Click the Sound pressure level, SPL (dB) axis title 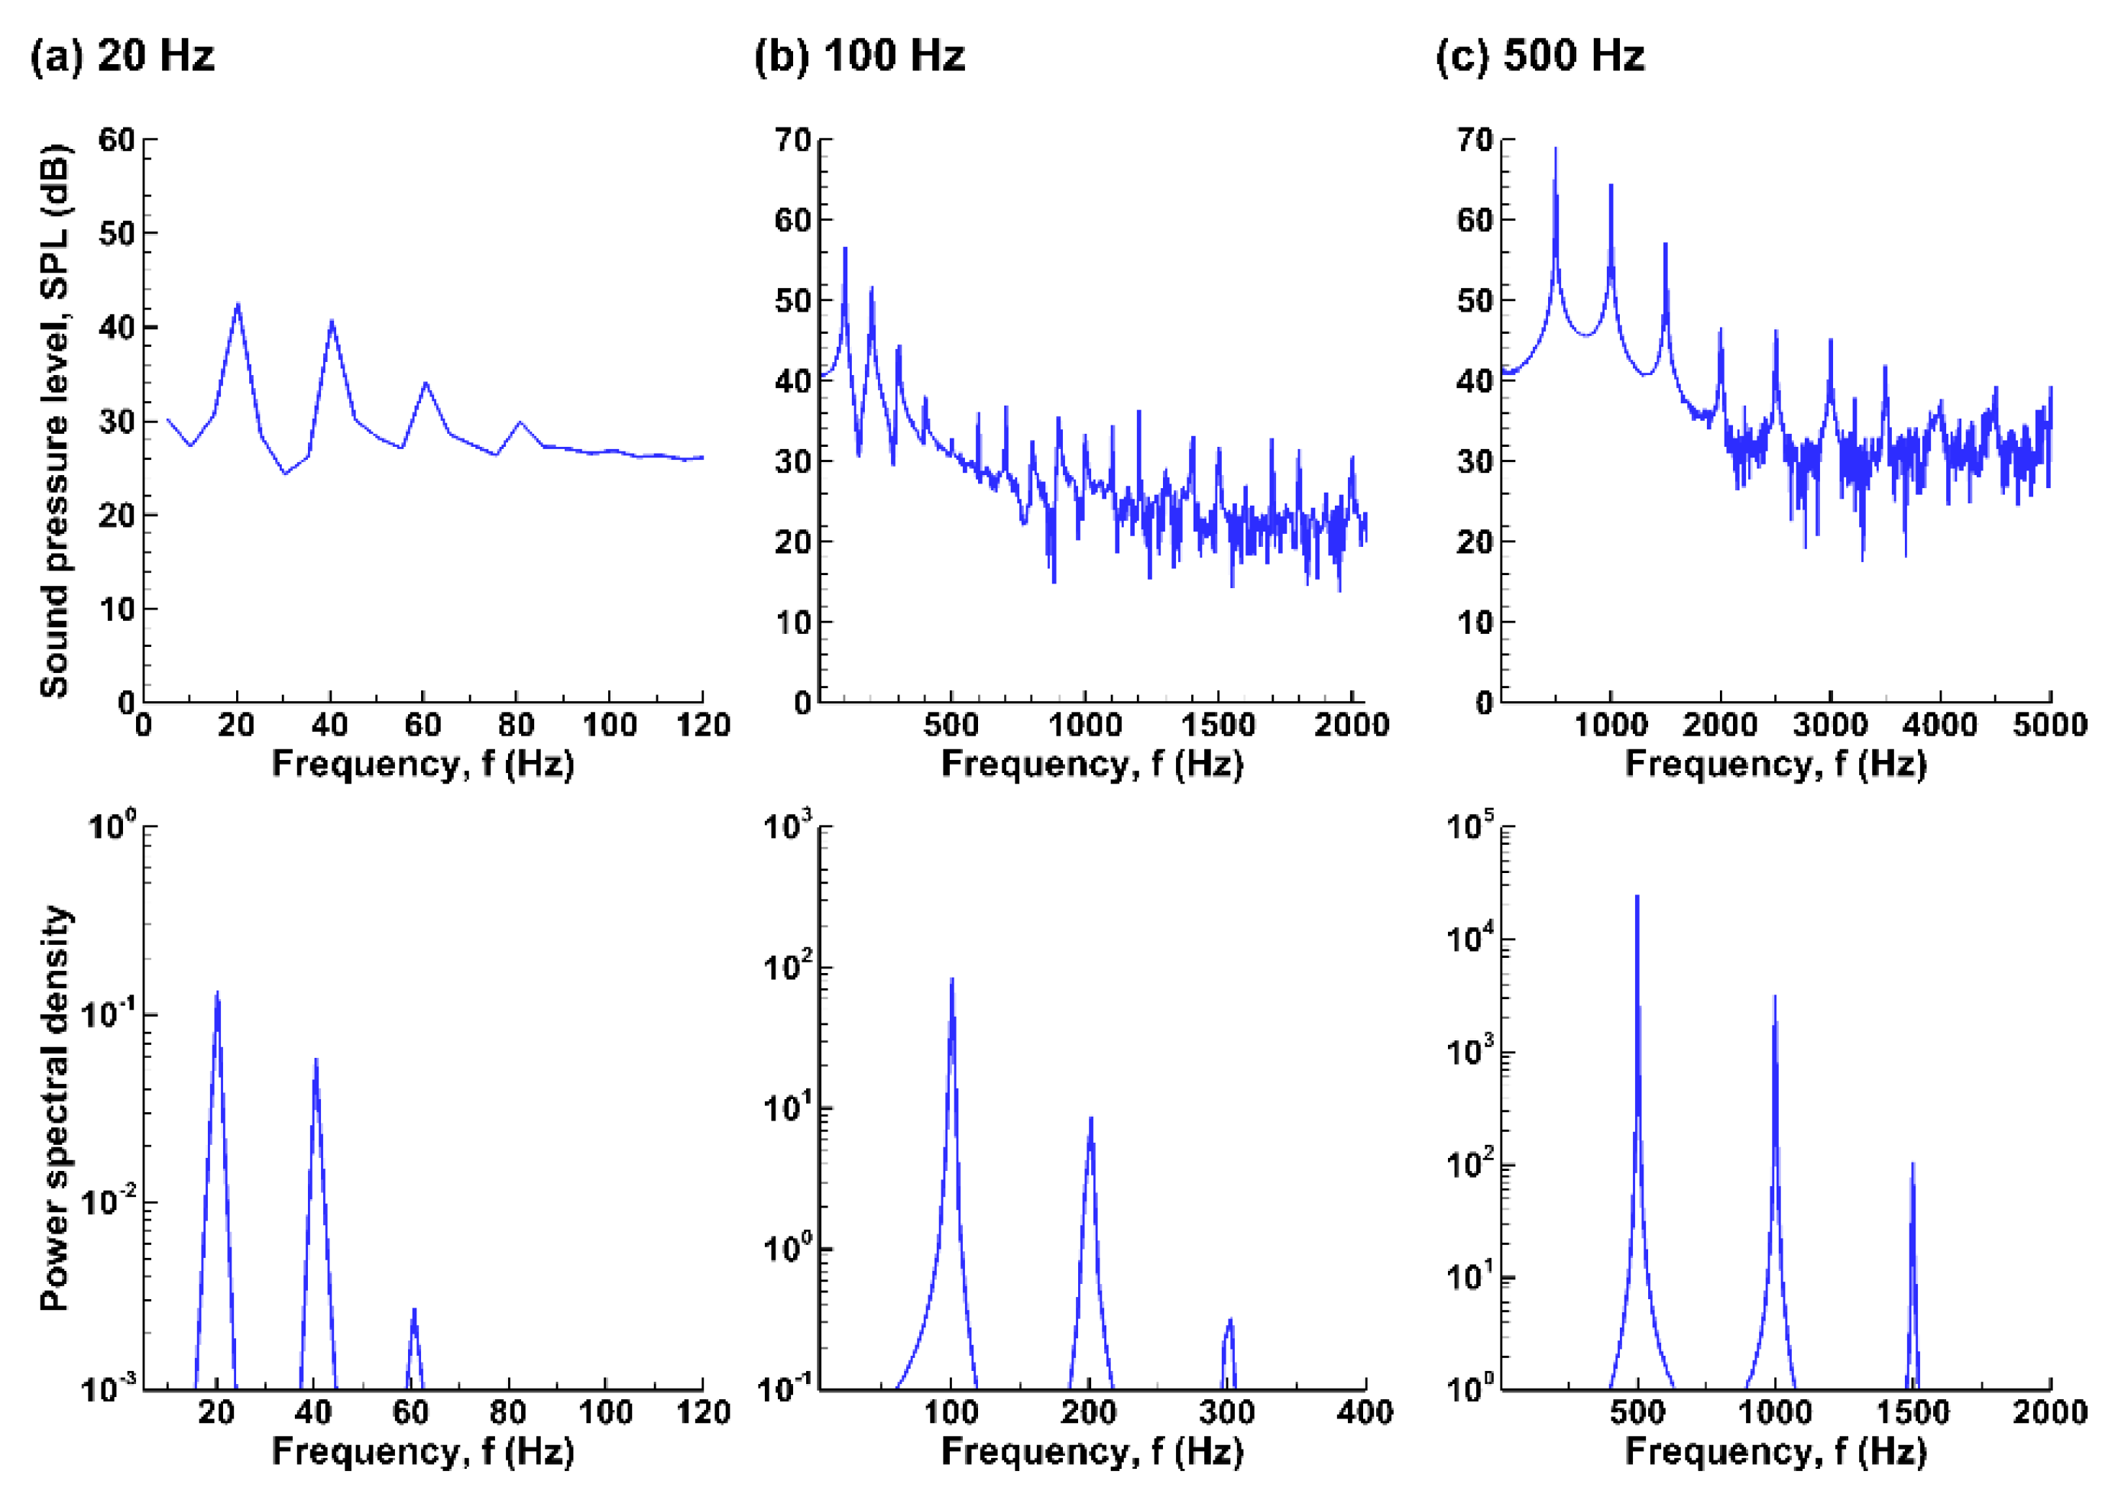click(55, 421)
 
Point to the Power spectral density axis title click(55, 1108)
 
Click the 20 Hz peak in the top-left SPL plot click(238, 306)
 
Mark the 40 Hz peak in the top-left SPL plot click(332, 322)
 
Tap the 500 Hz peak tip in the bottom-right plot click(1637, 896)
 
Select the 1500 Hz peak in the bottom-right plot click(1913, 1165)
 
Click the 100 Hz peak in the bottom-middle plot click(951, 980)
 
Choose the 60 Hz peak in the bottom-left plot click(415, 1311)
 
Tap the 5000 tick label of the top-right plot click(2049, 725)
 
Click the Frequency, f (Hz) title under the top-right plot click(1775, 765)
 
